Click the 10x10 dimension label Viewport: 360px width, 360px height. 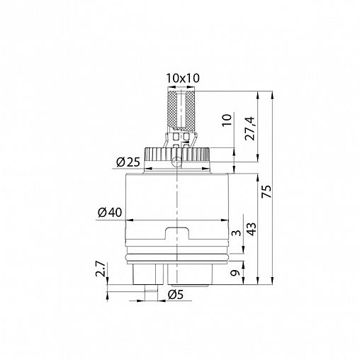183,78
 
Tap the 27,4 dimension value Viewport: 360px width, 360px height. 250,128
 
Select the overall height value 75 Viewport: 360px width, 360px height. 267,191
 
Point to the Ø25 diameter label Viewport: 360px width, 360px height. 128,162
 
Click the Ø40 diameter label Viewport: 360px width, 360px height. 110,213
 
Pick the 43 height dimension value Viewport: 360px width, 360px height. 252,229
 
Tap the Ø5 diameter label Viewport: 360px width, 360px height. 176,295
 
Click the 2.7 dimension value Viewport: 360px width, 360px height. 100,269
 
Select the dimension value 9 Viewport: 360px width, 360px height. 235,273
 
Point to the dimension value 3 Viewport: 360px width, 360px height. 236,233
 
